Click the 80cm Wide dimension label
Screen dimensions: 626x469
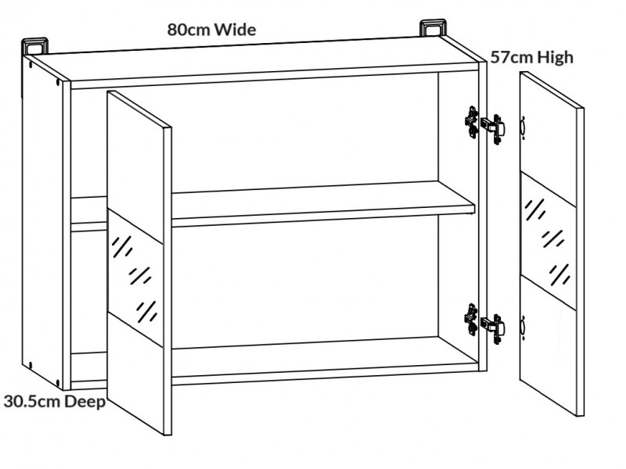point(211,30)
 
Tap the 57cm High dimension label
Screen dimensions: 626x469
point(532,57)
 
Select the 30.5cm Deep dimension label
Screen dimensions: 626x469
point(55,401)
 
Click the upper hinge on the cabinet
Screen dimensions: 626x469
point(484,125)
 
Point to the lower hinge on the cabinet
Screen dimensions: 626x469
point(484,324)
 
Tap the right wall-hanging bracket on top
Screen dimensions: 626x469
point(433,28)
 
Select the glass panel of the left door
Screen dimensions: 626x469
point(135,277)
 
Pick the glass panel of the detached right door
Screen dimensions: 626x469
point(549,241)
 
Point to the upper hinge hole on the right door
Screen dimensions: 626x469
point(523,127)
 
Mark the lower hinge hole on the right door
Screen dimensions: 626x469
point(523,328)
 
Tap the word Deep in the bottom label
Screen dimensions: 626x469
point(85,401)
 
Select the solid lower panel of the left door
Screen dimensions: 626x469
point(135,373)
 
